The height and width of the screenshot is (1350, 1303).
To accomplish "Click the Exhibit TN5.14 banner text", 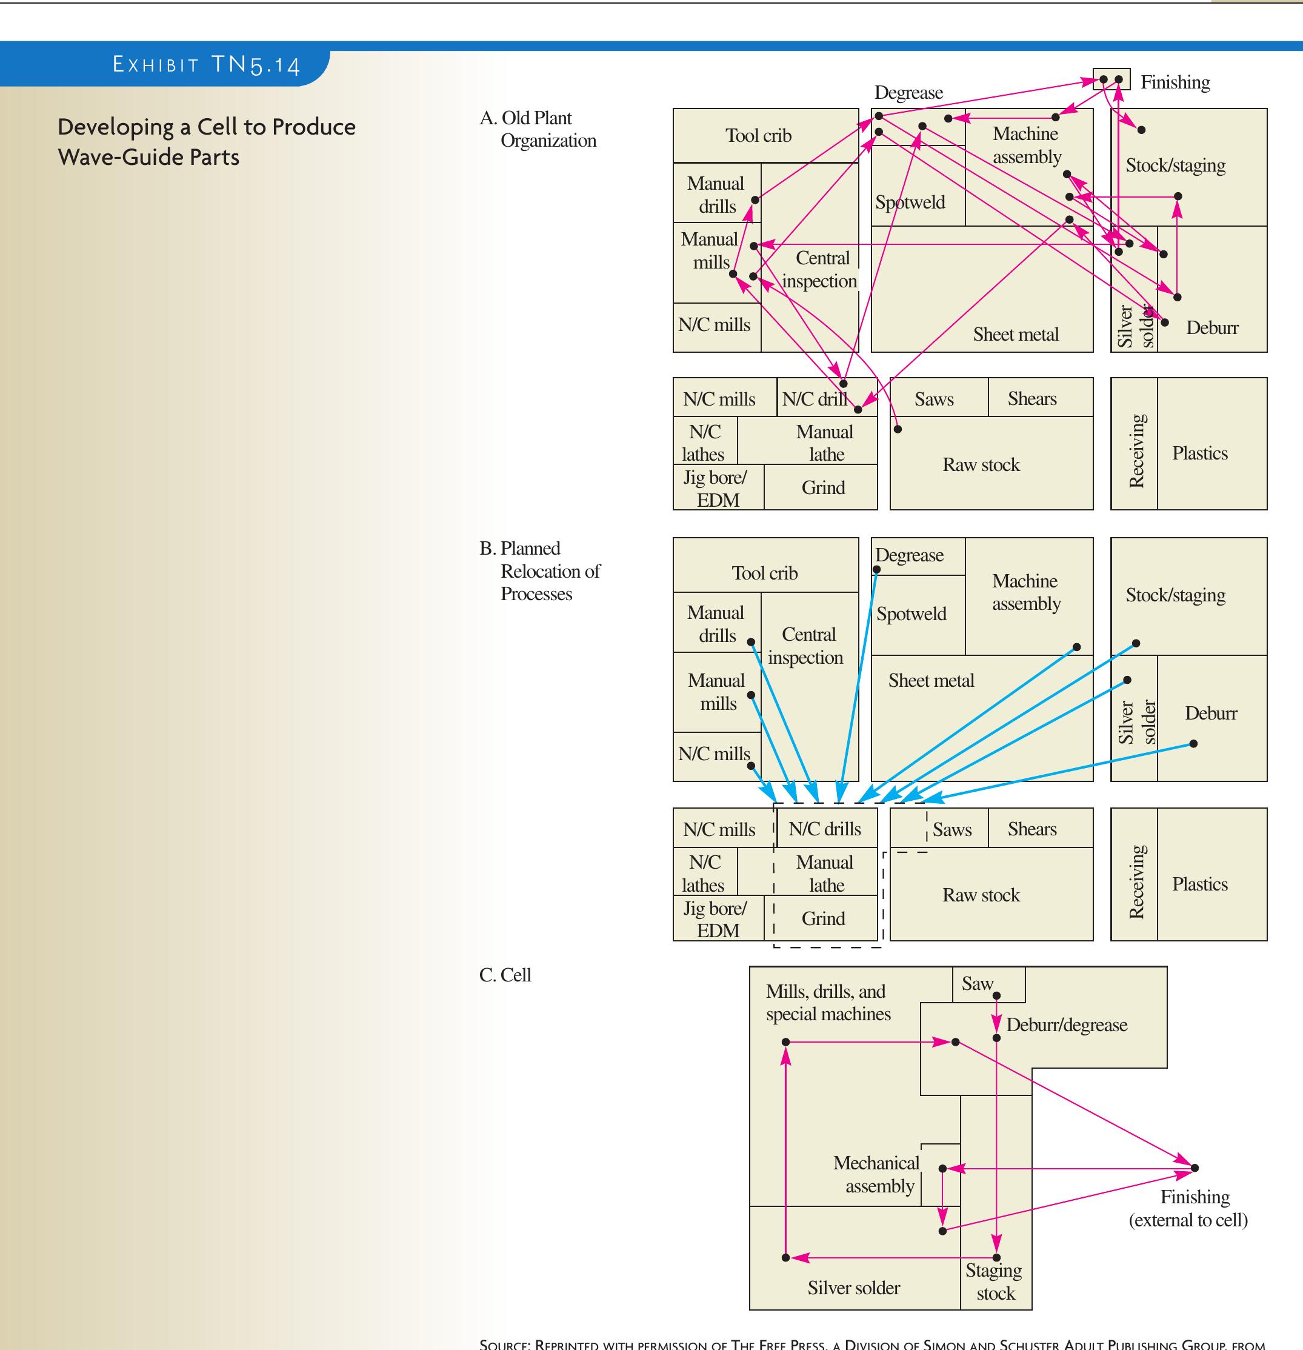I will click(x=206, y=65).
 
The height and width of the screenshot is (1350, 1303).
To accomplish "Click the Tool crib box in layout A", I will click(x=758, y=136).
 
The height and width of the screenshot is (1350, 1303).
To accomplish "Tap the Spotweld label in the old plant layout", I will click(x=910, y=202).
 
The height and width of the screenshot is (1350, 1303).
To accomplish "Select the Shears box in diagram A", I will click(x=1031, y=398).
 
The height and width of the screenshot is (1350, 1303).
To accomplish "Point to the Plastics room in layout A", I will click(x=1200, y=453).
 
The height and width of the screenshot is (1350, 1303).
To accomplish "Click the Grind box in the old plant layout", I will click(x=823, y=487).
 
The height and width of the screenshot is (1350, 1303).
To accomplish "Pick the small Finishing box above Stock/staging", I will click(x=1111, y=79).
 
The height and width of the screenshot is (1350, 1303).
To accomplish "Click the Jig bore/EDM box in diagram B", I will click(x=717, y=919).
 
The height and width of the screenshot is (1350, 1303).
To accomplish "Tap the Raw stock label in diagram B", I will click(x=981, y=895).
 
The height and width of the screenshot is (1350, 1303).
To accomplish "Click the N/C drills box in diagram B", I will click(x=825, y=829).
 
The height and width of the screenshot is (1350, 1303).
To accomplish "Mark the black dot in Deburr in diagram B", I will click(x=1193, y=743).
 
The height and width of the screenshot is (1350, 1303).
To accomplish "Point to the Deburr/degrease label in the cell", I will click(x=1066, y=1024).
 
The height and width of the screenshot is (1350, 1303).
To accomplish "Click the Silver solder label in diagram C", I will click(x=853, y=1288).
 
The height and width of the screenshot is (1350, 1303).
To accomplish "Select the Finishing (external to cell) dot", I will click(x=1195, y=1168).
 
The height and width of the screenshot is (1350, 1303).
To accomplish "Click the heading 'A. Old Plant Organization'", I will click(x=538, y=129).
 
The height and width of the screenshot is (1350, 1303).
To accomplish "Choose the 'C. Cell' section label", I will click(x=505, y=975).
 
